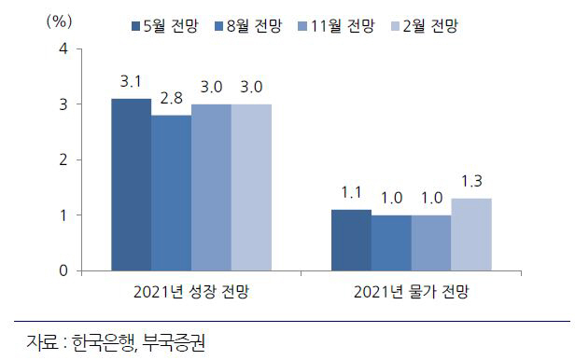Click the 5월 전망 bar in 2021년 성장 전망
131,185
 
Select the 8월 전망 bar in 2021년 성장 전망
171,193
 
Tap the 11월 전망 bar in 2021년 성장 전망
211,187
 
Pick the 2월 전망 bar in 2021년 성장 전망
251,187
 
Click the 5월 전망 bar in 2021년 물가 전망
351,241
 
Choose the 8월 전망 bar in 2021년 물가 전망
391,243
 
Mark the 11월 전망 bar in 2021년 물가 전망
431,243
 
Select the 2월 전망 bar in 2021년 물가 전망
471,235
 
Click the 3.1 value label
131,81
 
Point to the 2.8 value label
171,98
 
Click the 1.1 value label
351,192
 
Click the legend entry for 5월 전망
162,22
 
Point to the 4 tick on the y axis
63,48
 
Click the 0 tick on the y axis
63,271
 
